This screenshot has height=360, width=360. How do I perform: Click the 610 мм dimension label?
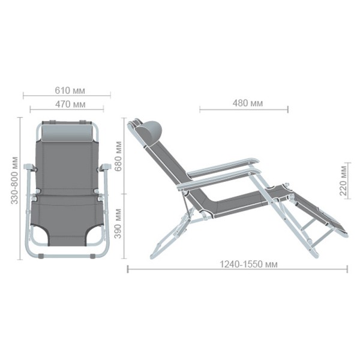click(x=70, y=91)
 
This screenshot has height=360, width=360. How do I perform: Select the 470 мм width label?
click(x=70, y=104)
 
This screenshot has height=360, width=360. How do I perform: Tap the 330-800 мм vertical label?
click(x=14, y=180)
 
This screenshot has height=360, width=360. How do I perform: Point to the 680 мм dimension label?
click(x=118, y=157)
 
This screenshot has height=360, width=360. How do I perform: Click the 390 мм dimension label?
click(x=118, y=223)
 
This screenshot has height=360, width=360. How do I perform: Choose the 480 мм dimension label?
click(x=247, y=103)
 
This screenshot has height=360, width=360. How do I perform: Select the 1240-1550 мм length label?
click(x=248, y=265)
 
